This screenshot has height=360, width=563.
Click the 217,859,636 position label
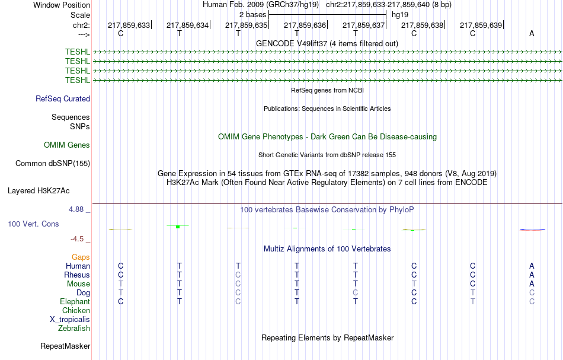pos(305,25)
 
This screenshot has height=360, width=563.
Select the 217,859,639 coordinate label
pos(481,25)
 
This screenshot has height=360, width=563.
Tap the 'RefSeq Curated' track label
pos(63,99)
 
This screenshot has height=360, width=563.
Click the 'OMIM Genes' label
pos(67,145)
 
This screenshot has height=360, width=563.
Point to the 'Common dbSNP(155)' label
pos(53,164)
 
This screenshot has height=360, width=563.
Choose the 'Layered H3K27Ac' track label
pos(39,191)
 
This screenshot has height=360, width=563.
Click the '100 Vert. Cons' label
pos(33,224)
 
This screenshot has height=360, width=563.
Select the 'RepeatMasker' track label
pos(65,346)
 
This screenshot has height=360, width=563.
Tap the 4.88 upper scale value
pos(76,209)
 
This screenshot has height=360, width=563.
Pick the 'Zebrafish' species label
pos(74,328)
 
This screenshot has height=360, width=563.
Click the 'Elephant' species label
pos(75,301)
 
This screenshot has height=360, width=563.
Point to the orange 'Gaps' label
pos(81,257)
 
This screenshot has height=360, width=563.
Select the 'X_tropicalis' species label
pos(70,320)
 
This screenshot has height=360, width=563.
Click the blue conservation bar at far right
pos(533,230)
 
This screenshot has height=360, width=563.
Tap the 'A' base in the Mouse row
pos(532,284)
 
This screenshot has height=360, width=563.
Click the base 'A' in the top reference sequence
pos(532,33)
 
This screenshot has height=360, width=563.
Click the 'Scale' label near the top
pos(80,15)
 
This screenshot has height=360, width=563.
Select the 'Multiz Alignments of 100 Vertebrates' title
pos(327,249)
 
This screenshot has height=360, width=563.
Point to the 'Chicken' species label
pos(76,310)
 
